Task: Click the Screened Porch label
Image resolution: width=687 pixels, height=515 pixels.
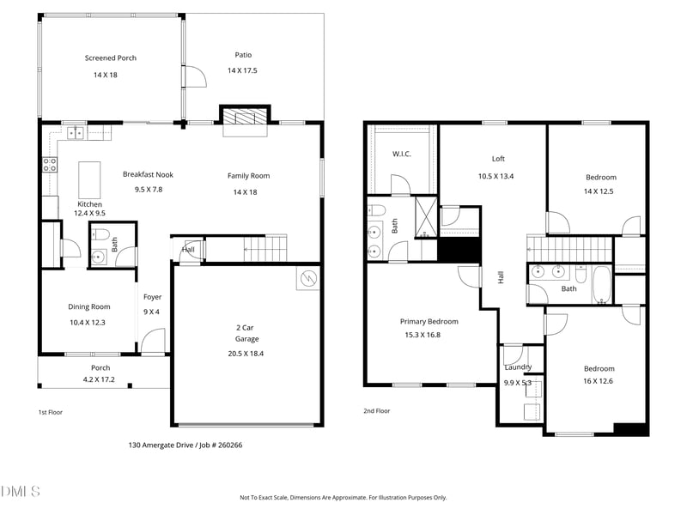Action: (110, 58)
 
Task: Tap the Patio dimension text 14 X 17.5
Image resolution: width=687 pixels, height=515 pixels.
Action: (243, 70)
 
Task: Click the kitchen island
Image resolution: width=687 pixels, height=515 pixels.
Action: (89, 179)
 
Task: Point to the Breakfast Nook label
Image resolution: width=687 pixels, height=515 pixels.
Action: (149, 174)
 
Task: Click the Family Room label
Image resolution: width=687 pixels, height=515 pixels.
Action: (248, 176)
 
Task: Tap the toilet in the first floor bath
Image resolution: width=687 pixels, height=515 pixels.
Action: (100, 234)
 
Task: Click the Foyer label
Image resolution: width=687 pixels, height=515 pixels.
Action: (152, 297)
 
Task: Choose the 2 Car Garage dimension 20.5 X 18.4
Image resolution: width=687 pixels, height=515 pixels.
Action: (246, 353)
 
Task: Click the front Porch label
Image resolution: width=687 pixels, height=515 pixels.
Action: (100, 367)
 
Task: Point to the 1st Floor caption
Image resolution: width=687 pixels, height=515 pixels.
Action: (51, 412)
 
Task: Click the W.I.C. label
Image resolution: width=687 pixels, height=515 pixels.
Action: (401, 154)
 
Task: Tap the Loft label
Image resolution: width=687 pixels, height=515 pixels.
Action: (498, 159)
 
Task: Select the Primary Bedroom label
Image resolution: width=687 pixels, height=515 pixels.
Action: (429, 321)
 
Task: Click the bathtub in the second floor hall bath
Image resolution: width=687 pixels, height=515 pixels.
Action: (601, 285)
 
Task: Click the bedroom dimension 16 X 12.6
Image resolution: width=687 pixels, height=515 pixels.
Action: (599, 380)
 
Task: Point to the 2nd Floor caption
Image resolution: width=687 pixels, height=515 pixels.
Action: (377, 411)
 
